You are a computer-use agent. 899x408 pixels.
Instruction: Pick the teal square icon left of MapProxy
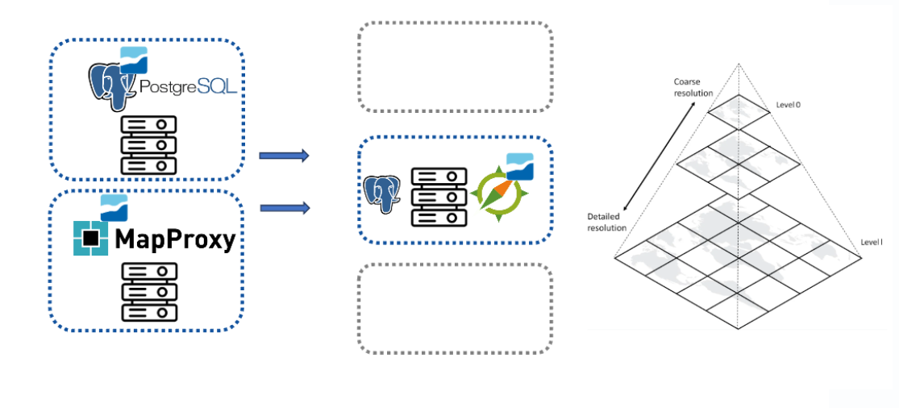90,239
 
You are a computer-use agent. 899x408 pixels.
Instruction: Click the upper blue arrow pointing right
284,156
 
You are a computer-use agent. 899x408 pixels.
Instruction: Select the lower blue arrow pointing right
285,208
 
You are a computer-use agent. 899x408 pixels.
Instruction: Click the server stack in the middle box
439,196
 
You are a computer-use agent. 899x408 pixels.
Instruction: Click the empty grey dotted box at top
455,67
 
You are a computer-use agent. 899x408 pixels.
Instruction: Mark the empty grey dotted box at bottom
455,308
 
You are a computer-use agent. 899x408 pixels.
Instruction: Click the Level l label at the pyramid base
871,242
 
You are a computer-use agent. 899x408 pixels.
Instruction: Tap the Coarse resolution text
694,87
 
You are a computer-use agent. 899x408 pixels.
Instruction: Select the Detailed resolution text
607,223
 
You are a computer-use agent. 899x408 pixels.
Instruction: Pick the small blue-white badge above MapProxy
114,207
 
